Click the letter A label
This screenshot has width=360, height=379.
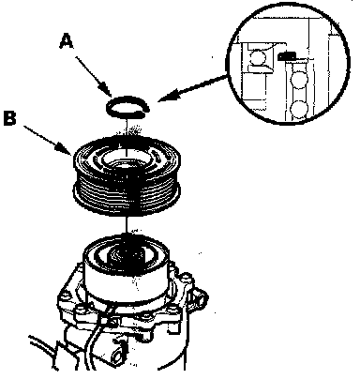click(67, 42)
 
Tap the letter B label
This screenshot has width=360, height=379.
click(10, 118)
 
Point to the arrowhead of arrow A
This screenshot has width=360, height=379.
click(107, 91)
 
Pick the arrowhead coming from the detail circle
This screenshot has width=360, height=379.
click(166, 96)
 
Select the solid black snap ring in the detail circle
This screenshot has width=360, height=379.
click(287, 56)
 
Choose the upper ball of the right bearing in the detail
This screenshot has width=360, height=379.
click(298, 80)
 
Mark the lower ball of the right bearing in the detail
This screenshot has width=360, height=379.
click(299, 109)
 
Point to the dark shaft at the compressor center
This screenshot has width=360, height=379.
click(127, 256)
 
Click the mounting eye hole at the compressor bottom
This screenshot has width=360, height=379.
click(117, 356)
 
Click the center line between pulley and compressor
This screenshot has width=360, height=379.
click(127, 224)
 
